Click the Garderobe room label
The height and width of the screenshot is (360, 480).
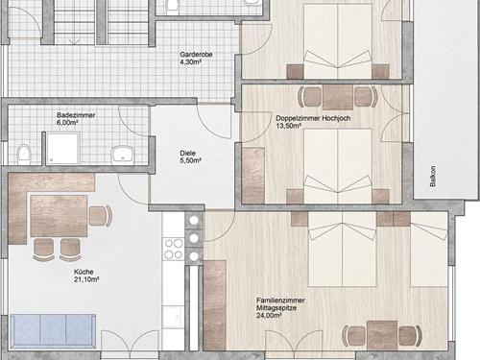(196, 55)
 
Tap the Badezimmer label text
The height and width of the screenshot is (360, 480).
(76, 115)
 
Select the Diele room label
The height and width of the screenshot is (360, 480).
(187, 154)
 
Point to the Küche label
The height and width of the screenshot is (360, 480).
(84, 272)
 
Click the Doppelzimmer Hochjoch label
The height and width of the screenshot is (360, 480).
(313, 118)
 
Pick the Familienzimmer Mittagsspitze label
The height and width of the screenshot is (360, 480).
(280, 304)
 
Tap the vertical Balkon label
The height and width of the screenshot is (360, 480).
(433, 176)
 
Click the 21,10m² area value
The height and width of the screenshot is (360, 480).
(86, 279)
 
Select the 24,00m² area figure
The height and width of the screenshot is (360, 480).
(269, 316)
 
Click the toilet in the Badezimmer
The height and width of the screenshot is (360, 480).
(24, 154)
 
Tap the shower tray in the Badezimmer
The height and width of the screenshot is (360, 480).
(62, 149)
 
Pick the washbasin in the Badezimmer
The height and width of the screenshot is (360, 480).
(123, 154)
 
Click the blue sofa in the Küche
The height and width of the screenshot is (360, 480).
(53, 331)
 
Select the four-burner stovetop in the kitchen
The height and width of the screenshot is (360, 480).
(174, 250)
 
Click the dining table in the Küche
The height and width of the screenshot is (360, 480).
(59, 216)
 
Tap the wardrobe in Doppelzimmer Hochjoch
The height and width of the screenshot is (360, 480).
(253, 176)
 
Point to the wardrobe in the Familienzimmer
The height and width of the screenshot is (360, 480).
(215, 305)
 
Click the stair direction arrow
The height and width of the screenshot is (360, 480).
(74, 41)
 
